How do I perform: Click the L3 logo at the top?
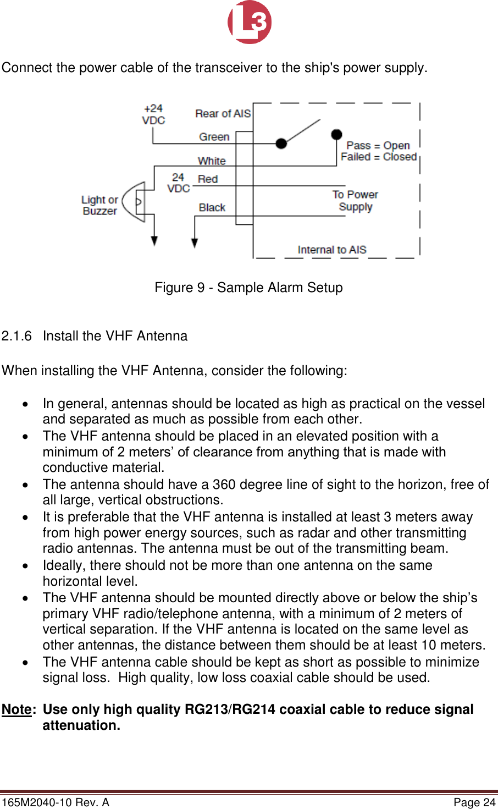250,22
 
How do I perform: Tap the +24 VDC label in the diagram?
153,114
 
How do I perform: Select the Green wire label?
214,137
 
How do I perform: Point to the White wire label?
212,161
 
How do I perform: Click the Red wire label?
208,179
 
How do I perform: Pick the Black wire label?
212,207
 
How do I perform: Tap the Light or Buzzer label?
99,205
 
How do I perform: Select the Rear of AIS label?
223,114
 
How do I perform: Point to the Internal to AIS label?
331,250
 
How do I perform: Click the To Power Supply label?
355,201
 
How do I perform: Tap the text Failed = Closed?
378,157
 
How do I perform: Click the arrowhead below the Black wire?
195,243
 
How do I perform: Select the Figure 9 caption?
248,288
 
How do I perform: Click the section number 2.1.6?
16,336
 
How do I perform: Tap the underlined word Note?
16,710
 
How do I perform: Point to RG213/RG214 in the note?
230,710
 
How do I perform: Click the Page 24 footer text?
474,802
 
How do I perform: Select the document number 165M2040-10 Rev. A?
56,802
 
